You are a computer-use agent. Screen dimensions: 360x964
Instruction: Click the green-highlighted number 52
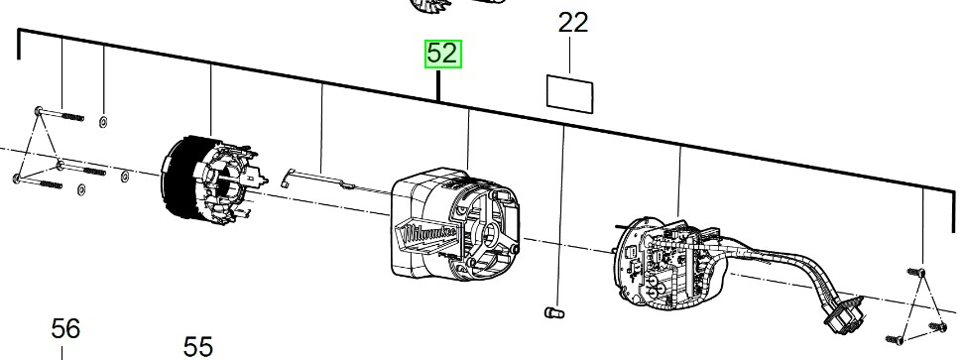pyautogui.click(x=443, y=54)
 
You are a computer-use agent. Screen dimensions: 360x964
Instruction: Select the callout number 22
pyautogui.click(x=573, y=23)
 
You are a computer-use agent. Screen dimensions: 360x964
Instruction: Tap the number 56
pyautogui.click(x=65, y=327)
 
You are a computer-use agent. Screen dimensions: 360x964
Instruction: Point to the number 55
pyautogui.click(x=198, y=346)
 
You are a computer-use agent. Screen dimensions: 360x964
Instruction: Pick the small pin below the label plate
pyautogui.click(x=554, y=314)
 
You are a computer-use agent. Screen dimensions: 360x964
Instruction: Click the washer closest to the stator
pyautogui.click(x=123, y=178)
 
